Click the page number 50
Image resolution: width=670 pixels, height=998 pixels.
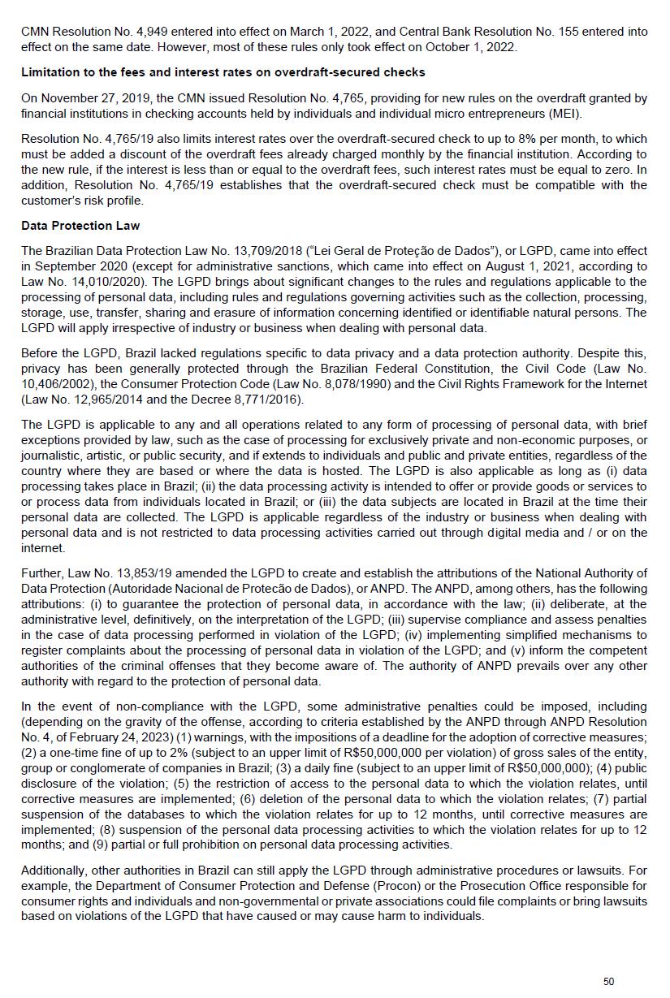click(608, 982)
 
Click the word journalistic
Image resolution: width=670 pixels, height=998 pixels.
click(50, 455)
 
